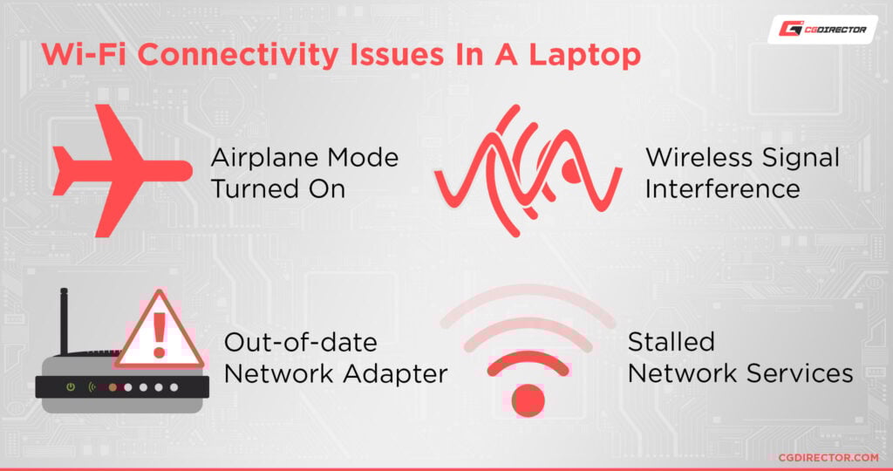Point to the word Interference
coord(722,188)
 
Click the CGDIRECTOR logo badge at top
coord(822,29)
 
